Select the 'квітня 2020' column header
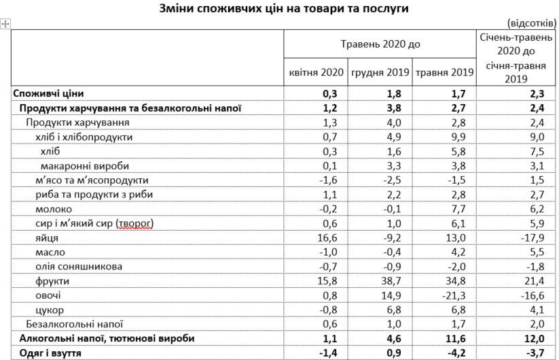[314, 73]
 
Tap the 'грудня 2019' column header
[379, 73]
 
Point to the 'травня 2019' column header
[444, 73]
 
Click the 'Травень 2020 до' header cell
[380, 44]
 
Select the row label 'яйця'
[47, 237]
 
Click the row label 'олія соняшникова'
[79, 266]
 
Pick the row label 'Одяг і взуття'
[51, 352]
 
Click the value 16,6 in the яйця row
[314, 237]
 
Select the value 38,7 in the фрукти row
[379, 280]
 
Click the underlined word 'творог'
[134, 223]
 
